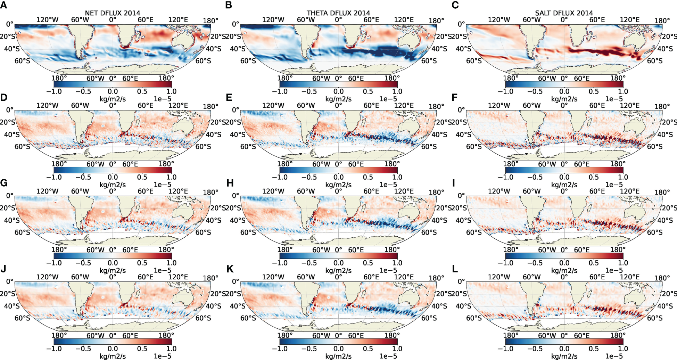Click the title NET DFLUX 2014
pyautogui.click(x=113, y=13)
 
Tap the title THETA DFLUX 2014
pyautogui.click(x=338, y=13)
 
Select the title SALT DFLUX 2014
pyautogui.click(x=564, y=13)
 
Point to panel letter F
pyautogui.click(x=454, y=98)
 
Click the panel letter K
pyautogui.click(x=230, y=269)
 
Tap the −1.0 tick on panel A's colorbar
pyautogui.click(x=54, y=91)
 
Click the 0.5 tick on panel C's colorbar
pyautogui.click(x=594, y=91)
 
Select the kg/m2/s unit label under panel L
pyautogui.click(x=564, y=356)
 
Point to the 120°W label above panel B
pyautogui.click(x=273, y=20)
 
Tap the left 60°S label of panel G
pyautogui.click(x=22, y=232)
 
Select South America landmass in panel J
pyautogui.click(x=78, y=295)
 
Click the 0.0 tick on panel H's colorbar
pyautogui.click(x=338, y=263)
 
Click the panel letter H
pyautogui.click(x=230, y=183)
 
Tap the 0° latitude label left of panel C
pyautogui.click(x=461, y=24)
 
